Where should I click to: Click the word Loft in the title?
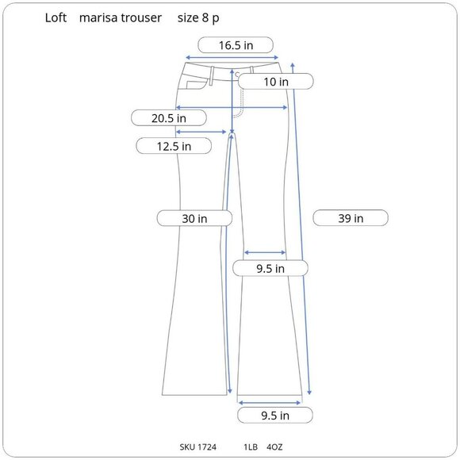[56, 17]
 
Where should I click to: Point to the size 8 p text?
[198, 18]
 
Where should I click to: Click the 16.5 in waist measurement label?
[236, 45]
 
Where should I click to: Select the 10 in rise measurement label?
[276, 82]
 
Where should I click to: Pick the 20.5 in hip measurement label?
[169, 118]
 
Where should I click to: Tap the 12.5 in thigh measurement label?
[174, 146]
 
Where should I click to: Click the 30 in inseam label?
[194, 219]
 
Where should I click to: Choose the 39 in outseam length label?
[351, 218]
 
